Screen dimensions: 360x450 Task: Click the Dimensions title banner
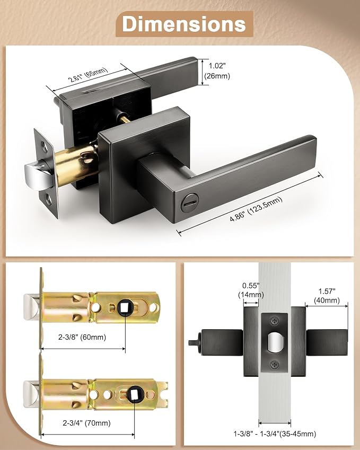click(x=185, y=24)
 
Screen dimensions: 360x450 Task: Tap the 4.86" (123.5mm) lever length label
click(x=256, y=209)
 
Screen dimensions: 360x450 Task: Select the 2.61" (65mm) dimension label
click(x=88, y=75)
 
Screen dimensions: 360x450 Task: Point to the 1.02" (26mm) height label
click(x=217, y=71)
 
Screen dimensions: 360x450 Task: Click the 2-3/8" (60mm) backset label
click(x=82, y=337)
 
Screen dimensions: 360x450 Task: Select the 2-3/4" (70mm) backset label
click(x=87, y=423)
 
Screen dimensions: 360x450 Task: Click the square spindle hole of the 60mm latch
click(x=125, y=307)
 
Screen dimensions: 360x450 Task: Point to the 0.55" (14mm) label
click(x=251, y=290)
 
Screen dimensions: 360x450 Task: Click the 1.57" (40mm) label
click(x=327, y=296)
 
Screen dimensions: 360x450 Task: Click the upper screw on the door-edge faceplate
click(x=275, y=320)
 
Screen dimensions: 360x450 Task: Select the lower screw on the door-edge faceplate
click(x=275, y=365)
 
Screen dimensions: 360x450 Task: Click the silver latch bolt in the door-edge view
click(x=275, y=342)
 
